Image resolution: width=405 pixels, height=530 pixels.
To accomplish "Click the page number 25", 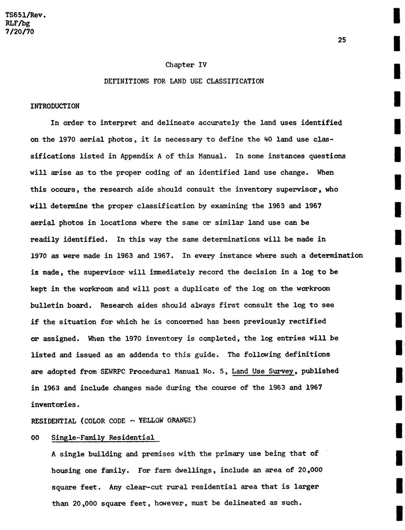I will tap(342, 40).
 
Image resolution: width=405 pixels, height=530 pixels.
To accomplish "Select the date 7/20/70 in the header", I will tap(20, 32).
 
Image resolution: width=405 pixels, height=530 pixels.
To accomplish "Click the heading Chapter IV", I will tap(186, 65).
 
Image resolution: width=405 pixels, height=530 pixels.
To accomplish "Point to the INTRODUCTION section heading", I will tap(55, 106).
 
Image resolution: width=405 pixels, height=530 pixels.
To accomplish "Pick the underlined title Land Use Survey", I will tap(263, 371).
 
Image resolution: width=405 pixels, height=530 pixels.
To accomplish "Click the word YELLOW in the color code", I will tap(151, 421).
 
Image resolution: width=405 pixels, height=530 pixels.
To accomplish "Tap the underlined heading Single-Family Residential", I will tap(103, 438).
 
